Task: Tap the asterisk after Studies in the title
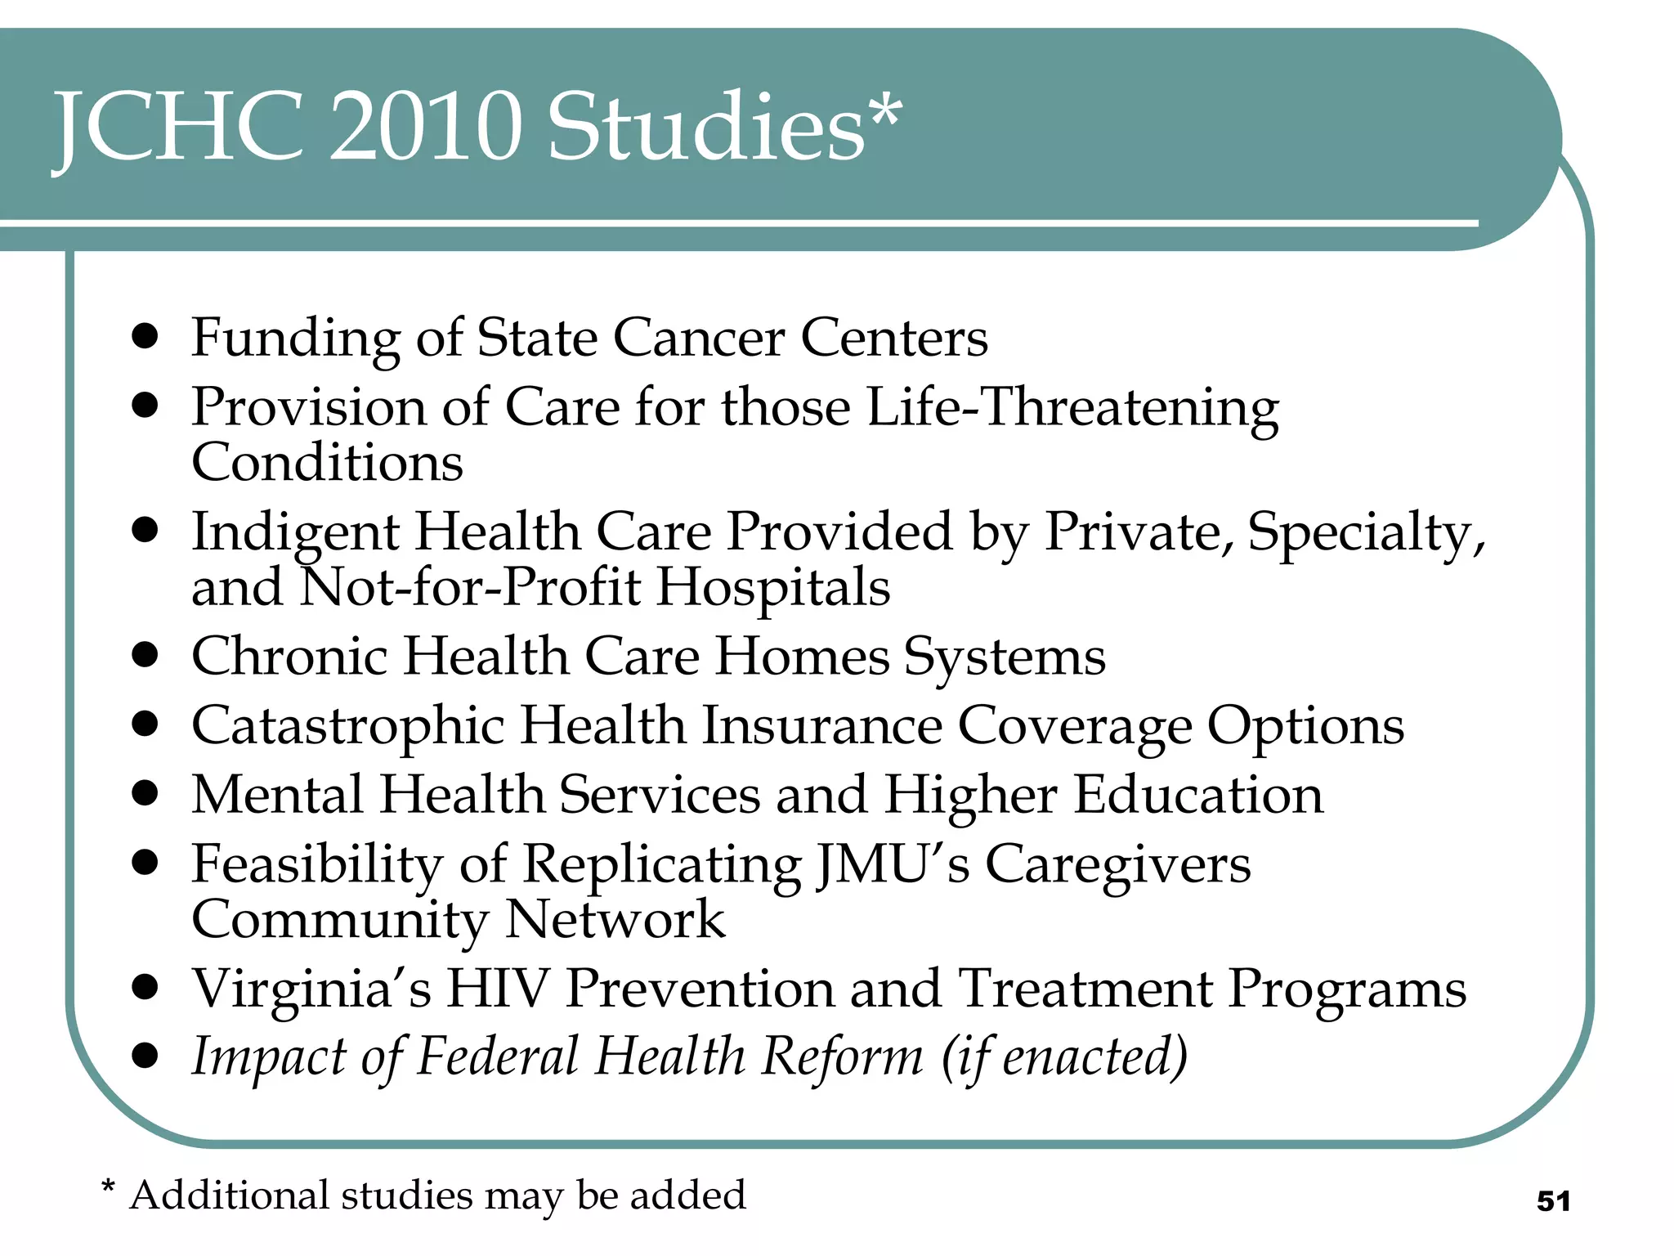pyautogui.click(x=885, y=114)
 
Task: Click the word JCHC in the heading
pyautogui.click(x=179, y=127)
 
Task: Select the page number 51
pyautogui.click(x=1553, y=1201)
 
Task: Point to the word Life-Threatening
pyautogui.click(x=1072, y=407)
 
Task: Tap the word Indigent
pyautogui.click(x=295, y=533)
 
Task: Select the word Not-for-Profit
pyautogui.click(x=470, y=587)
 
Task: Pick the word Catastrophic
pyautogui.click(x=347, y=726)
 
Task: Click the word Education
pyautogui.click(x=1198, y=795)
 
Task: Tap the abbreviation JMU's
pyautogui.click(x=893, y=864)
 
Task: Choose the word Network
pyautogui.click(x=615, y=920)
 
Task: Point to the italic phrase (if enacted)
pyautogui.click(x=1063, y=1057)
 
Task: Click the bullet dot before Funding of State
pyautogui.click(x=145, y=336)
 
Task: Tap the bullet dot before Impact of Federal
pyautogui.click(x=145, y=1056)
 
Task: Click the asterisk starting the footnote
pyautogui.click(x=107, y=1186)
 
